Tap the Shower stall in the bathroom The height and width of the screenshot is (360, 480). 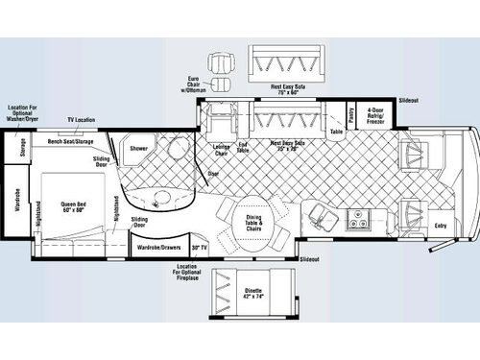[138, 151]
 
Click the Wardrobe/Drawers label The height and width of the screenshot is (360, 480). [158, 247]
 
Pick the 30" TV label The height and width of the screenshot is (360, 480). [199, 247]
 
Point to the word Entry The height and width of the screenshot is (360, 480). [441, 226]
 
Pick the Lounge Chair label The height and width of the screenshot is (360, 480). [219, 149]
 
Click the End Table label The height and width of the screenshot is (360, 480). [242, 149]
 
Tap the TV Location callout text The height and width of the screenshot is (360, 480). [81, 120]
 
